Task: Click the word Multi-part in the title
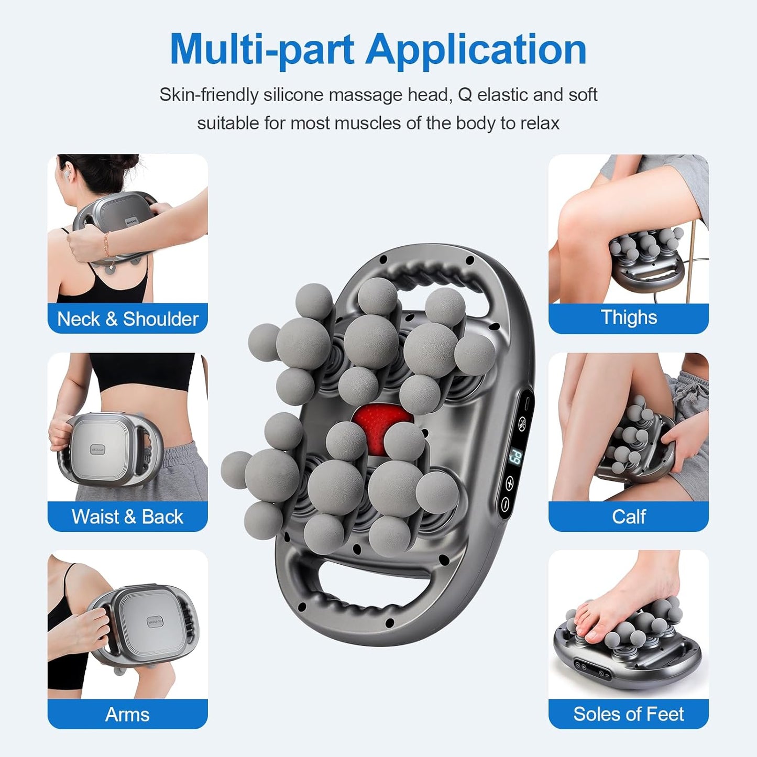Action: point(262,50)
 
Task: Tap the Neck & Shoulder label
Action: point(127,319)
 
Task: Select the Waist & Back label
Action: point(127,517)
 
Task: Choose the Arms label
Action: point(127,714)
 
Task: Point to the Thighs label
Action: point(628,317)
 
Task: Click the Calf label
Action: point(628,517)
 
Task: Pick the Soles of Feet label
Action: point(628,714)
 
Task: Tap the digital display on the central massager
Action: point(515,457)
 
